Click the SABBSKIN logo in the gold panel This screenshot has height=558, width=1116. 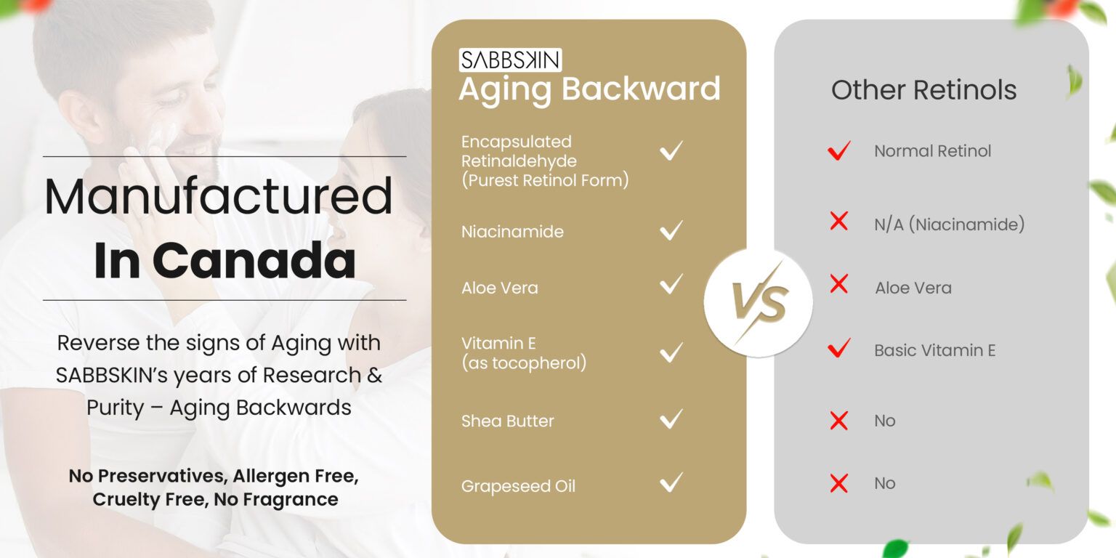click(510, 60)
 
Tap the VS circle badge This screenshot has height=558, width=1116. click(759, 303)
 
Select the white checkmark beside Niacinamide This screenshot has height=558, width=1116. click(671, 230)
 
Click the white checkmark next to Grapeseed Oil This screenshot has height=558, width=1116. click(671, 482)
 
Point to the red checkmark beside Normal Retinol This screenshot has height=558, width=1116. click(839, 150)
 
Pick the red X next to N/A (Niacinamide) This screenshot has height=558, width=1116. click(839, 221)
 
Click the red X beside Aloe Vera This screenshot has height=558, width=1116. click(839, 284)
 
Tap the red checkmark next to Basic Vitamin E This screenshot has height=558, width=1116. click(839, 348)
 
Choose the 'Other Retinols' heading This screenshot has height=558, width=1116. click(923, 90)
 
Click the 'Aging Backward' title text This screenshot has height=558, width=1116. click(589, 90)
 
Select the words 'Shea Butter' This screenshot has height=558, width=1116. click(507, 421)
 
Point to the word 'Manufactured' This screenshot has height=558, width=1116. click(218, 196)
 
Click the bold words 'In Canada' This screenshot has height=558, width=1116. click(225, 260)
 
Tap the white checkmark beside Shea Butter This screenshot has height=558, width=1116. click(671, 419)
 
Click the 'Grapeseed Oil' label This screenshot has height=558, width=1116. click(518, 486)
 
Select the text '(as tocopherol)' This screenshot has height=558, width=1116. click(524, 363)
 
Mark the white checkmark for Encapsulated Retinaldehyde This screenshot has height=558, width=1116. click(671, 150)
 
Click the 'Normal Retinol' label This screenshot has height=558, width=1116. click(933, 151)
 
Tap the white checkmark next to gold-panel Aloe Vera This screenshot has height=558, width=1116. click(671, 284)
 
